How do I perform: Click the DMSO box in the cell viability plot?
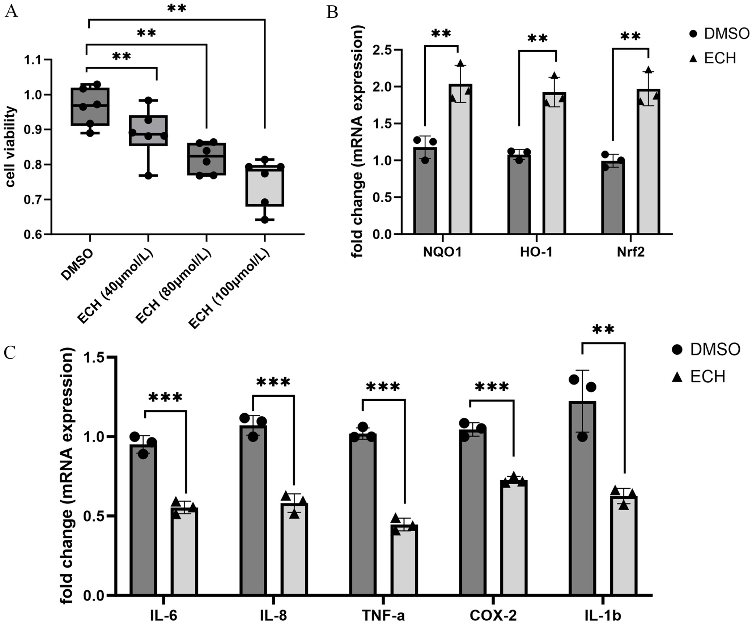point(90,107)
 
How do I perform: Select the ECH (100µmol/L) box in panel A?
point(264,186)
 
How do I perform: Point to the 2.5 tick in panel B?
point(383,50)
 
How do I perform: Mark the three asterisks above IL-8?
point(273,382)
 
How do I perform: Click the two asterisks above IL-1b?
point(603,330)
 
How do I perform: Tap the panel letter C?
point(10,352)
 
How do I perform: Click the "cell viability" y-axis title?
point(10,147)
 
